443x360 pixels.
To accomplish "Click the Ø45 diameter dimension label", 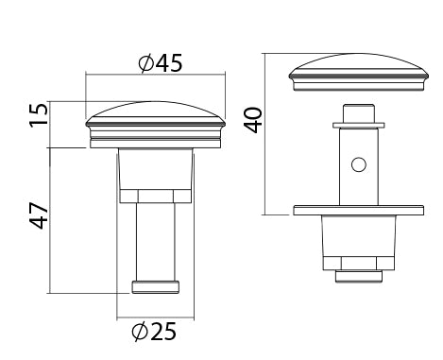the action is pos(161,63).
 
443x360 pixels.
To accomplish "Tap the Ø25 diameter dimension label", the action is pos(154,331).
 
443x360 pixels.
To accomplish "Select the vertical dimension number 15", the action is pos(39,115).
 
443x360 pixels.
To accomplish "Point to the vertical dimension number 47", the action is pos(39,215).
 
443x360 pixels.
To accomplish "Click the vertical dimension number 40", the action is pos(254,120).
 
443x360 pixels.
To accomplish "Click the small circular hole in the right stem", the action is pos(359,164).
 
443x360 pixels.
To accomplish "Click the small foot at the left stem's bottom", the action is pos(156,287).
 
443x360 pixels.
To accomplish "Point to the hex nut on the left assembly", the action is pos(156,197).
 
